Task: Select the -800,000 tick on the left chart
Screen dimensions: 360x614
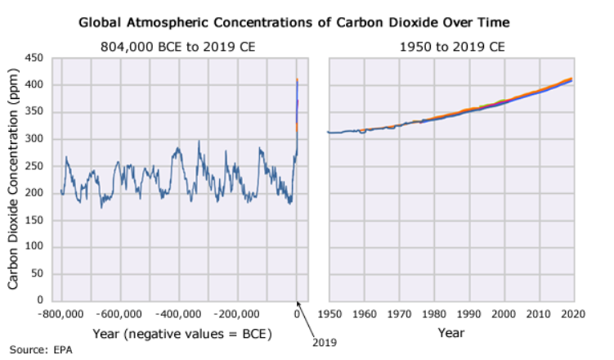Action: [x=61, y=313]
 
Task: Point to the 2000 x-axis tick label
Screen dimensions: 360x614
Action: [x=503, y=313]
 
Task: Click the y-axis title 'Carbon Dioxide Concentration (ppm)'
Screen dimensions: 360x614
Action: [x=14, y=179]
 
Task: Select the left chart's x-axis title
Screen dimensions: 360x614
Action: [x=182, y=334]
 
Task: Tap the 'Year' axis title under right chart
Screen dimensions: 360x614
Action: [x=450, y=334]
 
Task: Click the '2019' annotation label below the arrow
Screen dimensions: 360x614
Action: [x=325, y=343]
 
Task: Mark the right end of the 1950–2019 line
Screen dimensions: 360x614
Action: [x=571, y=79]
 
